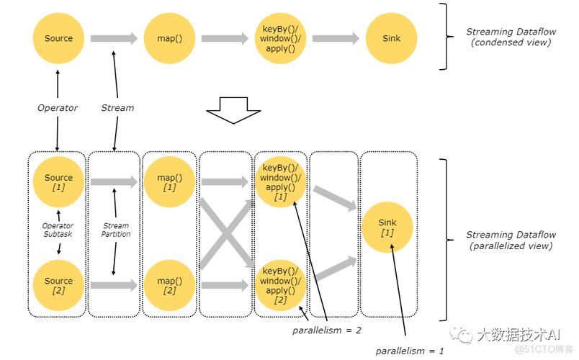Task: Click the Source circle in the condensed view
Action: click(58, 38)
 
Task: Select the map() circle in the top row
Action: click(169, 38)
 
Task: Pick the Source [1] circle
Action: click(58, 182)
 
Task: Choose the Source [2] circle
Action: click(58, 285)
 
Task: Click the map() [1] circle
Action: click(169, 182)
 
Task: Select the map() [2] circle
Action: click(169, 285)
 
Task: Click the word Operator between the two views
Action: click(58, 108)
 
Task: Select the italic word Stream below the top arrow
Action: click(117, 108)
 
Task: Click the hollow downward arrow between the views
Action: click(233, 111)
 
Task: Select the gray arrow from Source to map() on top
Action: click(114, 38)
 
